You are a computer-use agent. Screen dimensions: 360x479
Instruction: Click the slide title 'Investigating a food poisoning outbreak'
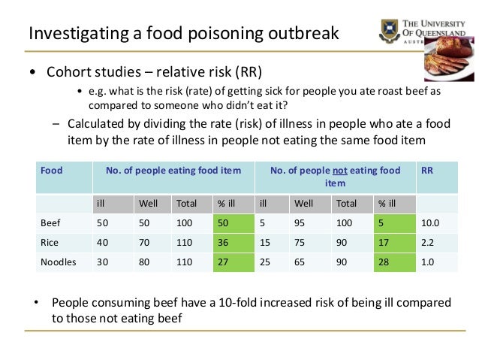[183, 33]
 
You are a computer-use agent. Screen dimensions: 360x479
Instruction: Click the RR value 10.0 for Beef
[431, 223]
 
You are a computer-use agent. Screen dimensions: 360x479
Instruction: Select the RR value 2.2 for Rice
[429, 244]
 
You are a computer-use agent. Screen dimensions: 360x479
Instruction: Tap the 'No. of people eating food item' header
[173, 171]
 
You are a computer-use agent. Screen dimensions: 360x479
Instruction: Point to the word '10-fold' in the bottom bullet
[218, 302]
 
